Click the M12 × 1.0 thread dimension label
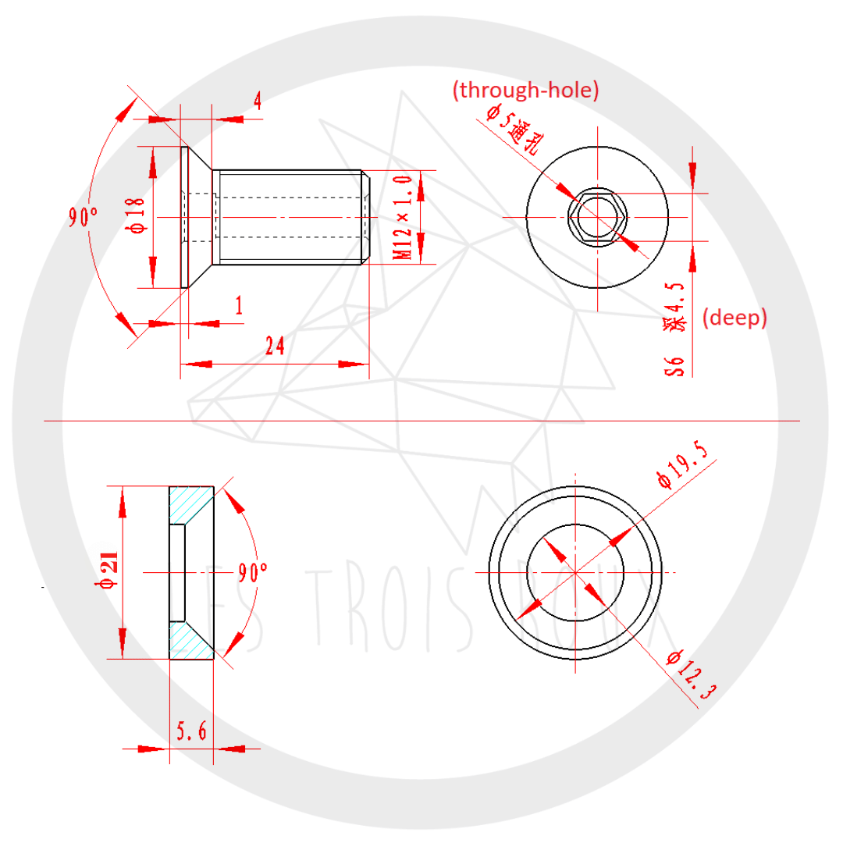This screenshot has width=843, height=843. coord(402,218)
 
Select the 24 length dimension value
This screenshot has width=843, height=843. coord(274,346)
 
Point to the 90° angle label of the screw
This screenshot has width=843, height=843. coord(84,216)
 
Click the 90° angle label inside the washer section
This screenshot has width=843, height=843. coord(253,574)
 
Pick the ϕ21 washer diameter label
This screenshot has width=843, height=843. coord(108,572)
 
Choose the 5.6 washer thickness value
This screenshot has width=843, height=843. coord(191,731)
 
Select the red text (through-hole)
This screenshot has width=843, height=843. coord(525,91)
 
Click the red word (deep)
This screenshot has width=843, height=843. coord(735,318)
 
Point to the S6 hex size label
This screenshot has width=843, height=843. coord(677,365)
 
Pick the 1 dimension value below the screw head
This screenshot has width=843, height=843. coord(238,306)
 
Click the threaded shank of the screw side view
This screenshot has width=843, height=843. coord(289,216)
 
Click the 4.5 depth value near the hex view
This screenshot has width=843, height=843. coord(677,297)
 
